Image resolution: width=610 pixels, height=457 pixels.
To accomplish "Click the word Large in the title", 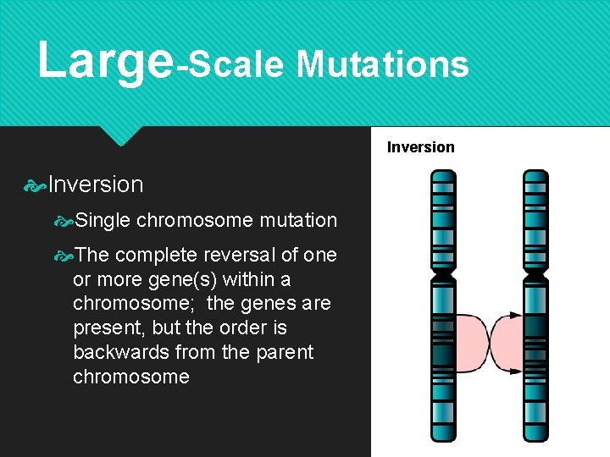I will pos(105,61).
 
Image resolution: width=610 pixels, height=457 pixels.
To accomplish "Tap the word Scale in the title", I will pos(235,63).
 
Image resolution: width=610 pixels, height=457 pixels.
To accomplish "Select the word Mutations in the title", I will pos(382,63).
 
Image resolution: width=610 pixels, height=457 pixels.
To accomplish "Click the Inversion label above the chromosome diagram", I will pos(420,147).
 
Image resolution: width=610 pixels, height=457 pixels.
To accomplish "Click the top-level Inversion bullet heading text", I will pos(96,184).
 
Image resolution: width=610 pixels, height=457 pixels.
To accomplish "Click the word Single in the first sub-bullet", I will pos(102,221).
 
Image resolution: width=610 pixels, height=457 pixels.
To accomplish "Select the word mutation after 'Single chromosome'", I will pos(298,221).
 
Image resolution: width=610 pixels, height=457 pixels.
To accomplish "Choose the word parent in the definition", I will pos(283,352).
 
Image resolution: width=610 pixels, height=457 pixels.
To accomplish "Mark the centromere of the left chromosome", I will pos(442,275).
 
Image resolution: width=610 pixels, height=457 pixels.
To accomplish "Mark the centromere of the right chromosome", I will pos(535,275).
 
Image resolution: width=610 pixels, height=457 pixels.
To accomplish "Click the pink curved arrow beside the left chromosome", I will pos(472,344).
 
